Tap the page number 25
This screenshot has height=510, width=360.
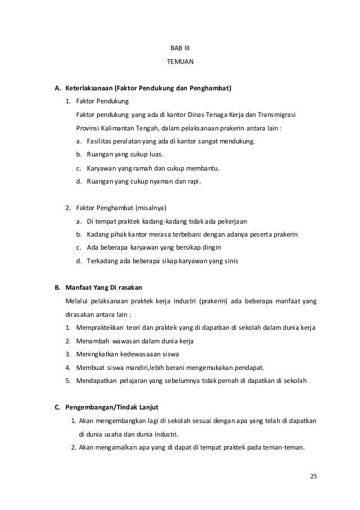tap(314, 476)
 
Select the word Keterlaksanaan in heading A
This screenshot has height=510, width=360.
tap(89, 89)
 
